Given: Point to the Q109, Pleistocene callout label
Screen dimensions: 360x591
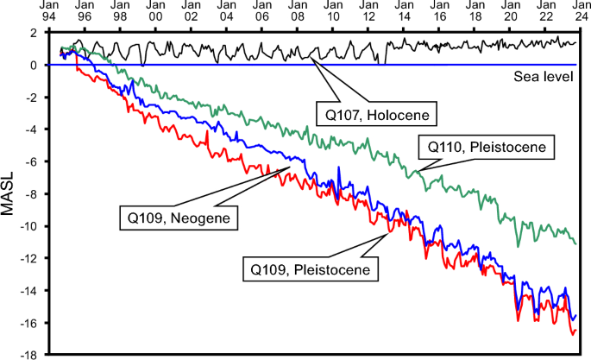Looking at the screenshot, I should (x=311, y=268).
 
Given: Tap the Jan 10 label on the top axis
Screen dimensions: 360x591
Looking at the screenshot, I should (x=332, y=10).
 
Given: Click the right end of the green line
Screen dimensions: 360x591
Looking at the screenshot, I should (x=575, y=243).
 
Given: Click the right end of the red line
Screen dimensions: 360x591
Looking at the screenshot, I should (x=575, y=330).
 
